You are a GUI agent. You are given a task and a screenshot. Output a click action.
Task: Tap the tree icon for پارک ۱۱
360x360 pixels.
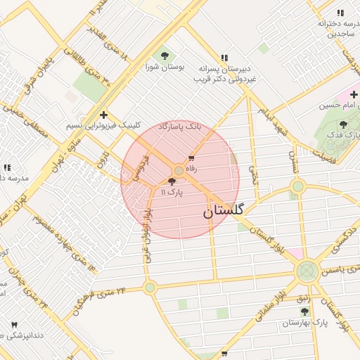172,181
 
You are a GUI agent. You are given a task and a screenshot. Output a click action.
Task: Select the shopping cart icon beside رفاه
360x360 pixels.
191,157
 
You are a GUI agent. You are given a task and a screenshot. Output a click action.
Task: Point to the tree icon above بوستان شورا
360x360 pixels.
165,54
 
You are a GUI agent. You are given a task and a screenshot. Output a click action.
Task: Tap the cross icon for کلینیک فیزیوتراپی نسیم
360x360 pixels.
104,115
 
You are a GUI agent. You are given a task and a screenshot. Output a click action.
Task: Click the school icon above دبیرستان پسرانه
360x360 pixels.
224,58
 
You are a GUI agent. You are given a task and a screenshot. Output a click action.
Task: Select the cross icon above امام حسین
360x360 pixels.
354,94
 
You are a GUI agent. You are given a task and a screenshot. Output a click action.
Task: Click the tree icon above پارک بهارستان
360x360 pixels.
304,311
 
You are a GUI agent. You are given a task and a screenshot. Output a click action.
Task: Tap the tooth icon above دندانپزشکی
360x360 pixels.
14,325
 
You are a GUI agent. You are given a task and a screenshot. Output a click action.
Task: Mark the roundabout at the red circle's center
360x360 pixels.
179,171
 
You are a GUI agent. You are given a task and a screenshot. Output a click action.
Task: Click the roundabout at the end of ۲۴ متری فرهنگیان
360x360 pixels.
149,287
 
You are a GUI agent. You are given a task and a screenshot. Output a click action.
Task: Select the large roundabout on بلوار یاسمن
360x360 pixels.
307,271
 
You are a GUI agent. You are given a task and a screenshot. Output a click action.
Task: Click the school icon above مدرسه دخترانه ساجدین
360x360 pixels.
340,13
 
